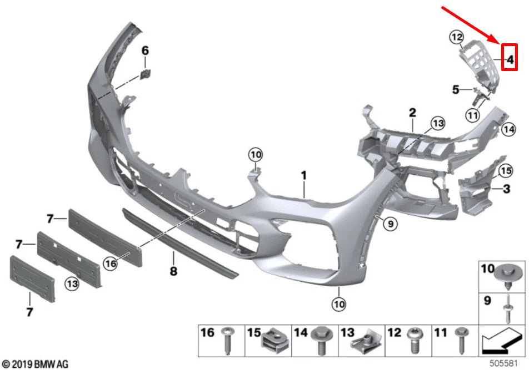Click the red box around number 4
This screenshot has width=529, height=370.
pos(510,57)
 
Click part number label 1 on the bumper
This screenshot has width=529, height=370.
pos(304,175)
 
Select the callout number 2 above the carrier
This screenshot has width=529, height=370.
pos(412,113)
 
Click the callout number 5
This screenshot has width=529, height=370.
pos(455,89)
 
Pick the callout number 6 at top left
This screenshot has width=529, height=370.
pos(145,51)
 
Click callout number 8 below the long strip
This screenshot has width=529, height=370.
pos(173,271)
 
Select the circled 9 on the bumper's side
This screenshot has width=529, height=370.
pos(390,224)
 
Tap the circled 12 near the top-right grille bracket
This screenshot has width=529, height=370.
pos(456,38)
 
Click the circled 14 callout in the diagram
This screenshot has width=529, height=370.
pos(508,130)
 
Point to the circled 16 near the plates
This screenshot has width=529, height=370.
pos(111,265)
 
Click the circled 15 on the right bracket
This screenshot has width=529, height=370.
pos(505,170)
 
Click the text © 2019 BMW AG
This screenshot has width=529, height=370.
pos(36,364)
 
